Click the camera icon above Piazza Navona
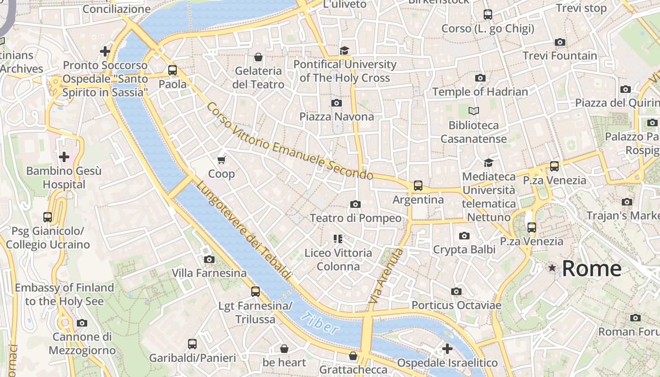[x=337, y=103]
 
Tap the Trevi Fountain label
[x=560, y=56]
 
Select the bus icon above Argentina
[x=418, y=185]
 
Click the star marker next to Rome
[x=552, y=268]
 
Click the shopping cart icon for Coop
[x=222, y=160]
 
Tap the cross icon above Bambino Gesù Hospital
[x=64, y=156]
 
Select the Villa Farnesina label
[x=209, y=273]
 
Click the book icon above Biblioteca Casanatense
[x=474, y=111]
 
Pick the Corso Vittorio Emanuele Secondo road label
[x=289, y=141]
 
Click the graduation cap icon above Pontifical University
[x=345, y=50]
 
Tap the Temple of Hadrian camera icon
[x=480, y=78]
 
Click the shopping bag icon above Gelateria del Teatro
[x=258, y=57]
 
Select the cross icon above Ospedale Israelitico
[x=447, y=349]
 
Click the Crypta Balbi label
[x=464, y=249]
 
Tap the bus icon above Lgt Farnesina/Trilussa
[x=255, y=292]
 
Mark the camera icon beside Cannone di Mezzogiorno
[x=82, y=323]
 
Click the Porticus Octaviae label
[x=456, y=305]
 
